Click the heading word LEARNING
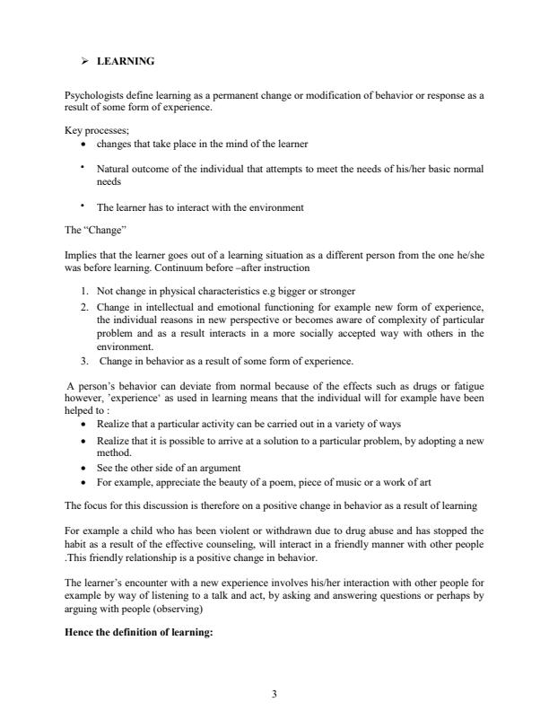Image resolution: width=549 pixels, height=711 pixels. click(x=126, y=61)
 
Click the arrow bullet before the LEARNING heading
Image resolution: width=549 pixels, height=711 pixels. click(x=85, y=61)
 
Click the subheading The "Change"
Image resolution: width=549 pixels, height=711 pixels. click(x=89, y=229)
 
